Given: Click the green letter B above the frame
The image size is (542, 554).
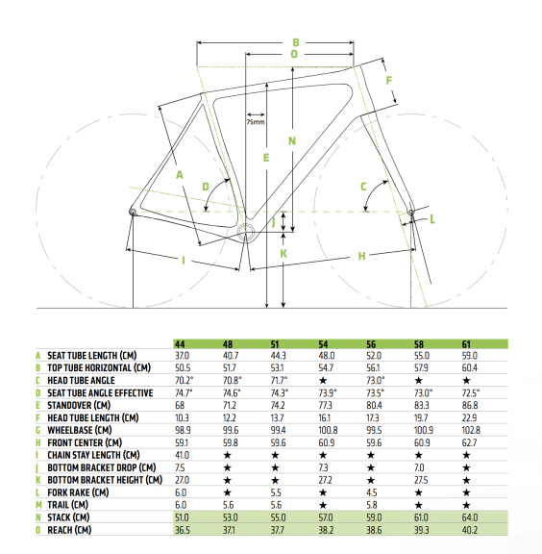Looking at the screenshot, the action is pyautogui.click(x=296, y=42).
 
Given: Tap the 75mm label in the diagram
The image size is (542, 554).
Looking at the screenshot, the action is pyautogui.click(x=256, y=122).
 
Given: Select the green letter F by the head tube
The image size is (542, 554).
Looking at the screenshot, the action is pyautogui.click(x=389, y=81).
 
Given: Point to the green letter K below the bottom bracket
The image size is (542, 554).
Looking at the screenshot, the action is pyautogui.click(x=283, y=254).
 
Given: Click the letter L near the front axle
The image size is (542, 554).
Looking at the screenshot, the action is pyautogui.click(x=432, y=219).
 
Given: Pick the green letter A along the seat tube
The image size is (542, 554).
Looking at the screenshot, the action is pyautogui.click(x=180, y=174).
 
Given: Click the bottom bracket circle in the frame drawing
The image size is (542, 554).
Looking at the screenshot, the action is pyautogui.click(x=246, y=232).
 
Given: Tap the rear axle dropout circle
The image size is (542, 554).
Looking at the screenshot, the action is pyautogui.click(x=133, y=212).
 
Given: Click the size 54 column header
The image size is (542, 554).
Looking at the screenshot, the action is pyautogui.click(x=323, y=344).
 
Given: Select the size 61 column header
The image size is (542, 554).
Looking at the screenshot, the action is pyautogui.click(x=466, y=344).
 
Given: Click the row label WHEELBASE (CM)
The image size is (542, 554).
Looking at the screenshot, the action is pyautogui.click(x=80, y=430).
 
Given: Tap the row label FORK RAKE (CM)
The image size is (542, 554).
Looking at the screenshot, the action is pyautogui.click(x=78, y=492).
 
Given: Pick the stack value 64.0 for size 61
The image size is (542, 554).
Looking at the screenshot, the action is pyautogui.click(x=470, y=517).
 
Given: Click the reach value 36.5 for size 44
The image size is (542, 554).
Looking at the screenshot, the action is pyautogui.click(x=183, y=530).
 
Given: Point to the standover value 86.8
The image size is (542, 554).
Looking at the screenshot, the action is pyautogui.click(x=470, y=406).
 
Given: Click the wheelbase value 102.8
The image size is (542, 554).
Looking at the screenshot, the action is pyautogui.click(x=471, y=430).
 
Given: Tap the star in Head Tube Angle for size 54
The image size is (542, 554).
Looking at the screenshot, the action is pyautogui.click(x=323, y=381).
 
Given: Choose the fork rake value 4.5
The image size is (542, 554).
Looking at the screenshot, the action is pyautogui.click(x=372, y=492).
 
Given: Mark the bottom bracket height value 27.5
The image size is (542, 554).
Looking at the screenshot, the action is pyautogui.click(x=421, y=480).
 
